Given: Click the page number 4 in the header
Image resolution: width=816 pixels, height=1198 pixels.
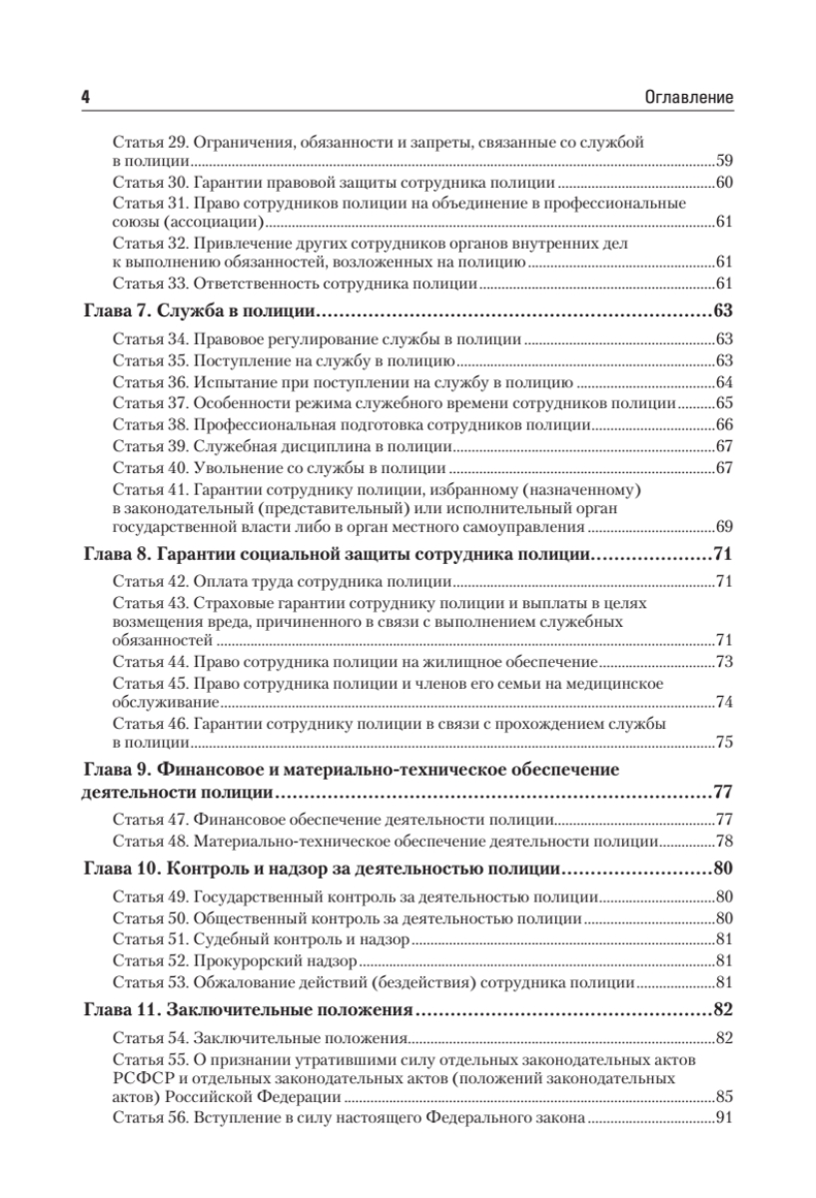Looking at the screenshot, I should [85, 98].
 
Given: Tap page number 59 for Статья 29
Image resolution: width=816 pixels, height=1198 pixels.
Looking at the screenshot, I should [726, 161].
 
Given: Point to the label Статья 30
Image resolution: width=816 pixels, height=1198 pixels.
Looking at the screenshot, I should [149, 183].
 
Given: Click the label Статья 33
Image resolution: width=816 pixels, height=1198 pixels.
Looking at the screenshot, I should [149, 283].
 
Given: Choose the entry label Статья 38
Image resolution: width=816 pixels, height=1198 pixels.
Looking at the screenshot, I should [149, 425].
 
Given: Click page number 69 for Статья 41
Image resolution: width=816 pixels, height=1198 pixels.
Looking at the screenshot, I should [726, 525].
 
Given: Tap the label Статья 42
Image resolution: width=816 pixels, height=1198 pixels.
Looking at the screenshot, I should [149, 582].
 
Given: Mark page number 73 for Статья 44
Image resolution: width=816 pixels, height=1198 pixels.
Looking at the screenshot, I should [726, 661].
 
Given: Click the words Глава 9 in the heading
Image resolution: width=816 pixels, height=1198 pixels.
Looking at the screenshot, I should [113, 769].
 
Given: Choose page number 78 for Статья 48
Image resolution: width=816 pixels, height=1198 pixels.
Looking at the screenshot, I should [726, 842].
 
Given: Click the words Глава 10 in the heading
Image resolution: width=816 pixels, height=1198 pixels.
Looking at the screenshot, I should [117, 869].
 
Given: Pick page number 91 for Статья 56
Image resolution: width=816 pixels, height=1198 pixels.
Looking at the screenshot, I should [726, 1117].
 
